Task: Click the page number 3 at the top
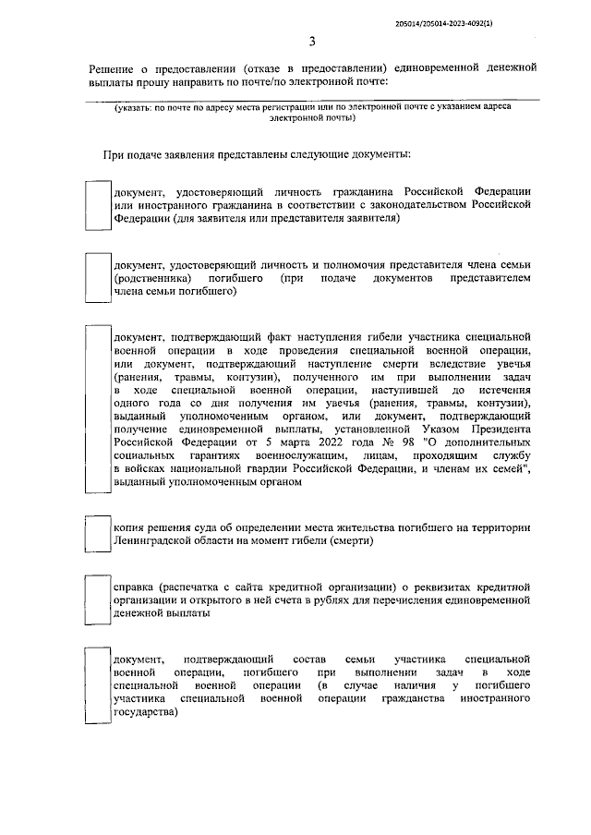[312, 42]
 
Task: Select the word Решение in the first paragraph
[112, 69]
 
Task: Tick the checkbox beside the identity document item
[97, 204]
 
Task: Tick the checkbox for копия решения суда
[97, 534]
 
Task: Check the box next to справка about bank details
[97, 599]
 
